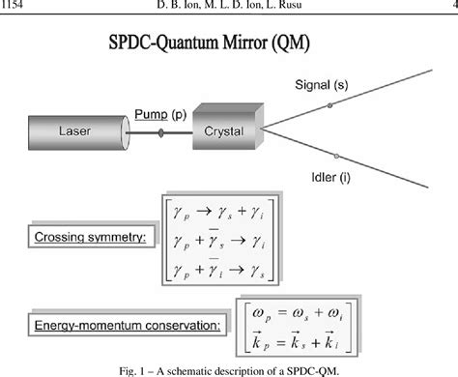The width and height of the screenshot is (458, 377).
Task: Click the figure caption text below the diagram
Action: [229, 367]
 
